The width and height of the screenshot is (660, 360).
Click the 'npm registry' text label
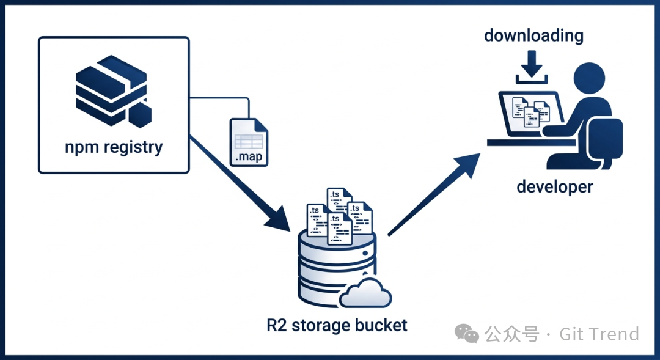[114, 147]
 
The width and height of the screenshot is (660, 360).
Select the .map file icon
[249, 141]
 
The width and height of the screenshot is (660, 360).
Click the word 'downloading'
[533, 35]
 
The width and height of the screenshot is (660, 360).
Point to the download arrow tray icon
[532, 68]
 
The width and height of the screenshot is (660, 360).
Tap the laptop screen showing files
[529, 113]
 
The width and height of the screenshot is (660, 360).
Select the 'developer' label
[555, 186]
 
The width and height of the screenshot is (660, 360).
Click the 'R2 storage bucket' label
[337, 325]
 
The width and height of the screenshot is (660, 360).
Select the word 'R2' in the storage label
[277, 325]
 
